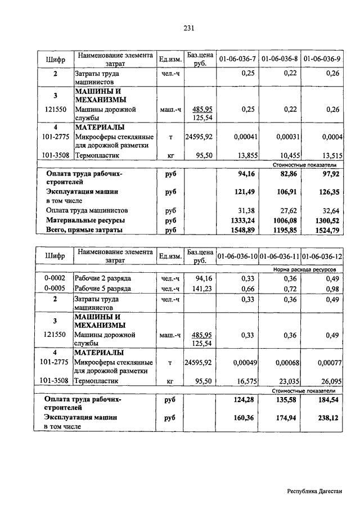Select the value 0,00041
click(x=243, y=137)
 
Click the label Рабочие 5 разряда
click(x=103, y=289)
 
